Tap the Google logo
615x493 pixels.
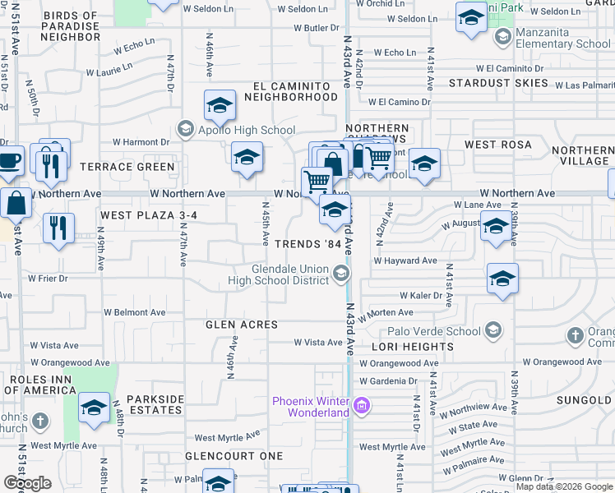click(x=26, y=483)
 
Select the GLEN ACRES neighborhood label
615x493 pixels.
click(x=242, y=325)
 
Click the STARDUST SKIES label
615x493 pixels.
click(x=498, y=83)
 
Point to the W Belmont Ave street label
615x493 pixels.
click(x=134, y=312)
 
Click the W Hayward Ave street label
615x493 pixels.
click(x=405, y=260)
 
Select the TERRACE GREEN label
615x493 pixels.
click(x=127, y=167)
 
